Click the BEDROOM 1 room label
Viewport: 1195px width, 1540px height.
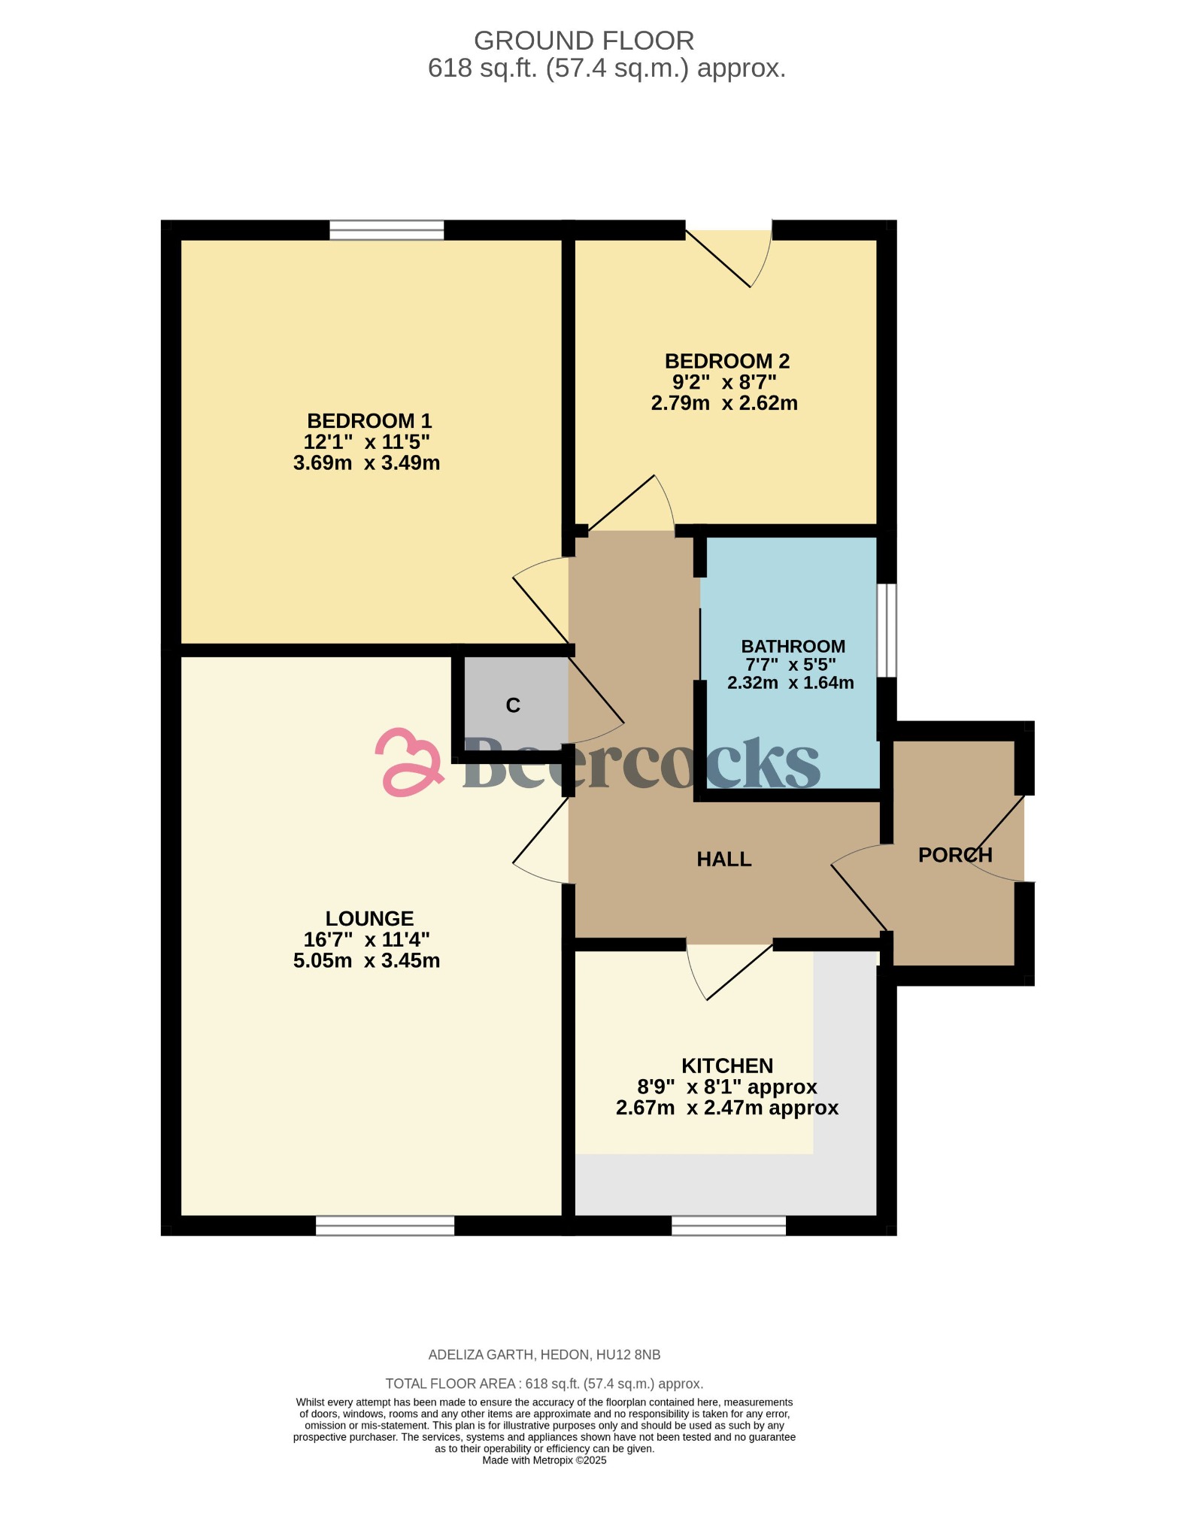[369, 421]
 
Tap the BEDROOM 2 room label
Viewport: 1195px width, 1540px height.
[726, 362]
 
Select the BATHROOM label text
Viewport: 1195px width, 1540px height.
[793, 647]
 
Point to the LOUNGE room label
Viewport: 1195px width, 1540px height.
[369, 919]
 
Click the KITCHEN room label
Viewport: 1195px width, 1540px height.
[726, 1066]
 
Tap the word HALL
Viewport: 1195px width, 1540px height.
[723, 859]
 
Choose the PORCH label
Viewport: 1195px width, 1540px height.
[955, 855]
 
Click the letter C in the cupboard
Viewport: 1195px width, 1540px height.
[513, 705]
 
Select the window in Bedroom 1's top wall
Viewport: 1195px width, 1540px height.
[387, 230]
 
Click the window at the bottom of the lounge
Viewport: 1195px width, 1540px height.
[384, 1226]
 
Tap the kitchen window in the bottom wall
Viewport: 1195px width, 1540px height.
[728, 1226]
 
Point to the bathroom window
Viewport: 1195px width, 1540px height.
[887, 630]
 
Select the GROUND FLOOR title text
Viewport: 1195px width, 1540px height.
[584, 41]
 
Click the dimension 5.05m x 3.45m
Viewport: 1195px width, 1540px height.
[366, 961]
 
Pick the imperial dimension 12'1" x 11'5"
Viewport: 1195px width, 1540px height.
[366, 442]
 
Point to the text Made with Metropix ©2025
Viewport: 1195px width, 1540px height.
[544, 1460]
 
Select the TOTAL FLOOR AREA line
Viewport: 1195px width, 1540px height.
[544, 1384]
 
